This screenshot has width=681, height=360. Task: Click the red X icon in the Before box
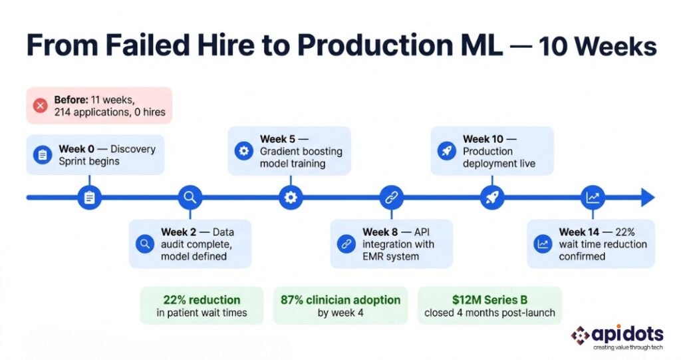(x=40, y=105)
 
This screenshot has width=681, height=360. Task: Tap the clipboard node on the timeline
(x=89, y=198)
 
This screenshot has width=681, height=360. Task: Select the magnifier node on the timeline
(x=190, y=198)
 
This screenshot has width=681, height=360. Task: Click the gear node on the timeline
(x=290, y=198)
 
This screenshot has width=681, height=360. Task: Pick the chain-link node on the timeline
(x=391, y=198)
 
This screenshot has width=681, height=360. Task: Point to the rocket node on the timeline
(x=492, y=198)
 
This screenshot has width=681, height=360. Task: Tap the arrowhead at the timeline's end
(x=647, y=198)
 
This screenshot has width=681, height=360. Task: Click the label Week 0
(x=76, y=148)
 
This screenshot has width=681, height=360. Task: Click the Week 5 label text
(x=277, y=139)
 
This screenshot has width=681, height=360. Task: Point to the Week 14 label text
(x=581, y=232)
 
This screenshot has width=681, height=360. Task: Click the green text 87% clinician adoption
(x=340, y=300)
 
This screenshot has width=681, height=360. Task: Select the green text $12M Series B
(x=489, y=300)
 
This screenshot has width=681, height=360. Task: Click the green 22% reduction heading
(x=202, y=300)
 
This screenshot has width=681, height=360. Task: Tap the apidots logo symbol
(x=581, y=335)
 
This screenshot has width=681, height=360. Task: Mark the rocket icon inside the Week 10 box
(x=446, y=151)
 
